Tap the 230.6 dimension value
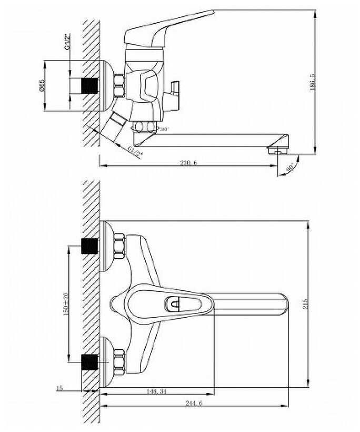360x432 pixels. click(x=188, y=163)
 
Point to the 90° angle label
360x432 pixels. click(x=290, y=168)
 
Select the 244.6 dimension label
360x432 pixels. click(x=194, y=403)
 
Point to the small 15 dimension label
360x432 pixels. click(x=59, y=388)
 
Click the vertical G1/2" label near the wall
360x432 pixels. click(x=67, y=42)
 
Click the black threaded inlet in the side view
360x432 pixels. click(x=90, y=86)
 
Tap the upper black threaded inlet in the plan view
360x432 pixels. click(x=90, y=246)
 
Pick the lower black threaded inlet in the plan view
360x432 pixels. click(x=90, y=362)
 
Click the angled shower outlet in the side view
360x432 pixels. click(x=115, y=126)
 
